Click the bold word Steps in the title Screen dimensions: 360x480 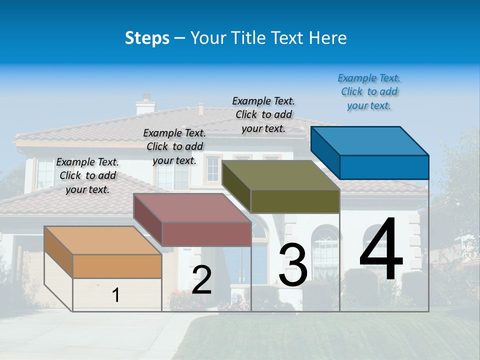[x=147, y=38]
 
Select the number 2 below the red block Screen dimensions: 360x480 [x=201, y=280]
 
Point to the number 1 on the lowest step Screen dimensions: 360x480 [x=116, y=295]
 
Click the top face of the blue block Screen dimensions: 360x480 [x=369, y=140]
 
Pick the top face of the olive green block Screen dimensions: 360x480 [x=280, y=175]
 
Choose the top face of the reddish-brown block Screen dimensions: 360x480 [x=192, y=207]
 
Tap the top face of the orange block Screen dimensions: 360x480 [x=103, y=240]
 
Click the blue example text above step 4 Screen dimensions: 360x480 [x=369, y=92]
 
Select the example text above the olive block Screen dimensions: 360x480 [x=263, y=114]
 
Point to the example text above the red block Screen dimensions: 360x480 [x=174, y=146]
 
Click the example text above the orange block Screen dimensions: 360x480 [x=87, y=175]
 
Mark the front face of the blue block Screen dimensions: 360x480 [x=384, y=167]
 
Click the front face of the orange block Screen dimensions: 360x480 [x=117, y=266]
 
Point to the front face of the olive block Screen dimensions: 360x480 [x=295, y=201]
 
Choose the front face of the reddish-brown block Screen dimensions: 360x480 [x=206, y=234]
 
